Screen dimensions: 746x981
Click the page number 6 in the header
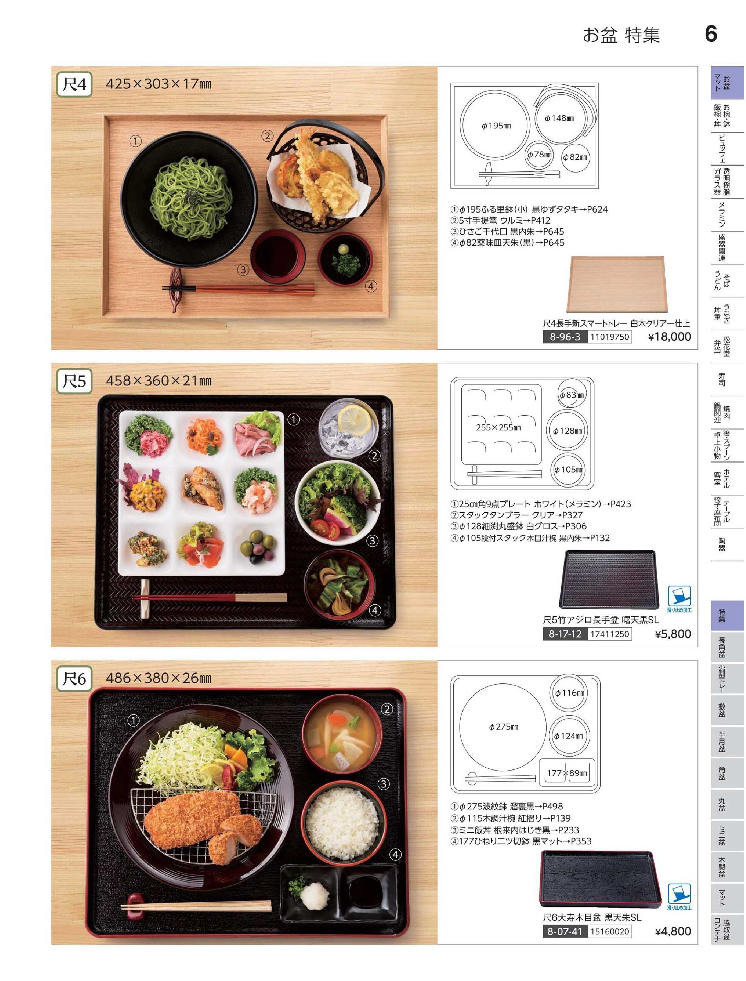711,34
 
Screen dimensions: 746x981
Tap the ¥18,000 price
670,337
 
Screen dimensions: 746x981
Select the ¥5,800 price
673,633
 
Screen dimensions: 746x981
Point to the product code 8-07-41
564,931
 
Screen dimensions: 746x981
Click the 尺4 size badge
74,84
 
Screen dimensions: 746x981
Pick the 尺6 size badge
74,678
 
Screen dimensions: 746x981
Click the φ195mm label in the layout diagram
496,126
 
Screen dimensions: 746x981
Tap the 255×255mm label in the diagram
498,427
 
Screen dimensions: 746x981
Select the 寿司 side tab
722,379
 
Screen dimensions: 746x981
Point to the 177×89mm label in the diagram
567,773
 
